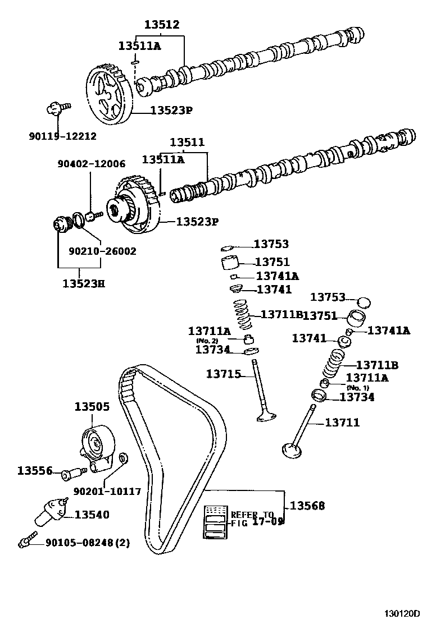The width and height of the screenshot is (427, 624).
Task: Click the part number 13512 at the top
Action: point(161,25)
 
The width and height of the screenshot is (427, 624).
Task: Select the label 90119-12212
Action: point(62,136)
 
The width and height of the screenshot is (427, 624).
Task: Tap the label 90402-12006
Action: point(91,164)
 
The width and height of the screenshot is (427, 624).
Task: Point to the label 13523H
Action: point(83,283)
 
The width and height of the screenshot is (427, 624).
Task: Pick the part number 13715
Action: point(224,374)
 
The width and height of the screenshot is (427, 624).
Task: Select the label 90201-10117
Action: point(107,492)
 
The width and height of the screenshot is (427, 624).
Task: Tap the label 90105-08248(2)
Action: point(79,543)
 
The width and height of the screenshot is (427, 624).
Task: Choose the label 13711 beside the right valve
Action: point(342,423)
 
